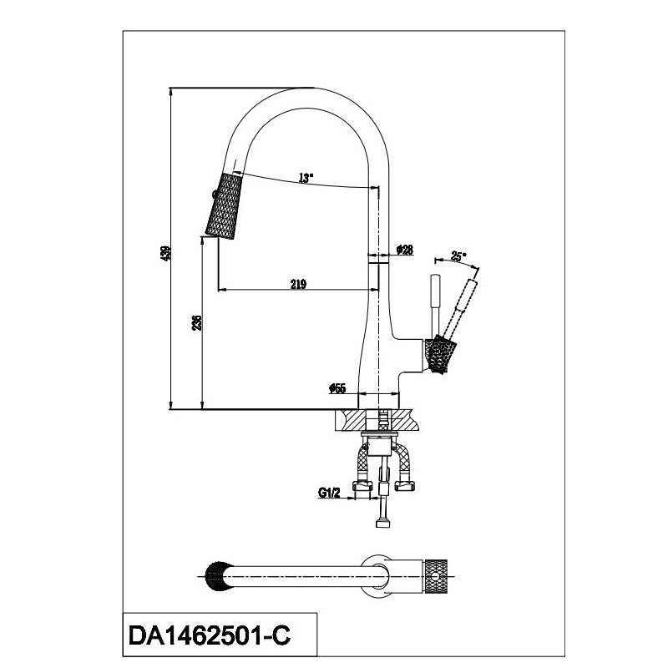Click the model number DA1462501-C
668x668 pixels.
pyautogui.click(x=210, y=635)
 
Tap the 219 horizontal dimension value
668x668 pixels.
pyautogui.click(x=298, y=283)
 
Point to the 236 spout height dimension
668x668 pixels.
pyautogui.click(x=196, y=323)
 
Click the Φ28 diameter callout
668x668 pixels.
pyautogui.click(x=405, y=250)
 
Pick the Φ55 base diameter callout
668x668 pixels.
pyautogui.click(x=337, y=388)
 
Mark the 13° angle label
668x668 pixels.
pyautogui.click(x=306, y=178)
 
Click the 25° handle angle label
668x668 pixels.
pyautogui.click(x=458, y=256)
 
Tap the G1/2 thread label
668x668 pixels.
pyautogui.click(x=329, y=493)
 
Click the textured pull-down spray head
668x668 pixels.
pyautogui.click(x=224, y=205)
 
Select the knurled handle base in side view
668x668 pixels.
pyautogui.click(x=441, y=353)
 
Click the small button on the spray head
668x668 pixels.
pyautogui.click(x=213, y=195)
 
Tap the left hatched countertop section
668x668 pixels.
pyautogui.click(x=351, y=420)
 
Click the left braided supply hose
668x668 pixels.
pyautogui.click(x=362, y=461)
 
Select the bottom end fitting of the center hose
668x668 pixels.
pyautogui.click(x=383, y=523)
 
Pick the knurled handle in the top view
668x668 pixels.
pyautogui.click(x=435, y=577)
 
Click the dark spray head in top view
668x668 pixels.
pyautogui.click(x=218, y=577)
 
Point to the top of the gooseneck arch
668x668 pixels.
pyautogui.click(x=314, y=89)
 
